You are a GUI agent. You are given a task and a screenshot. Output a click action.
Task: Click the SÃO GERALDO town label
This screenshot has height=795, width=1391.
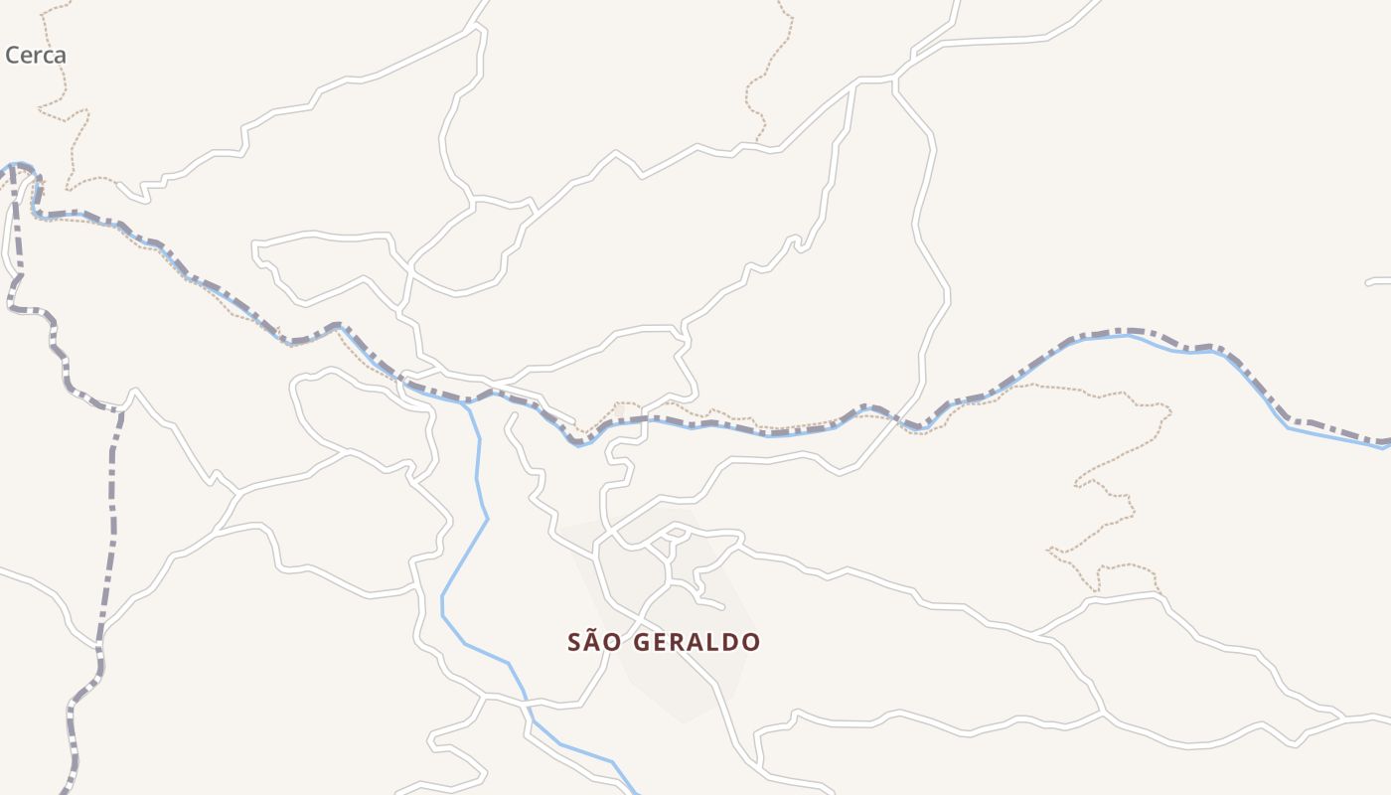click(664, 642)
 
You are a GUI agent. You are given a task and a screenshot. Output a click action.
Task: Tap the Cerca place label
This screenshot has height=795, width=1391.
click(36, 56)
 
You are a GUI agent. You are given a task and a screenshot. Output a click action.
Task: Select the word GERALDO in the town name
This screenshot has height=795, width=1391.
click(696, 642)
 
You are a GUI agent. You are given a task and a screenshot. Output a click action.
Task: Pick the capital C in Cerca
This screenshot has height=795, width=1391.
click(13, 56)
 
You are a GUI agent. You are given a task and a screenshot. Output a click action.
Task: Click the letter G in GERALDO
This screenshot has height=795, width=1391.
click(643, 642)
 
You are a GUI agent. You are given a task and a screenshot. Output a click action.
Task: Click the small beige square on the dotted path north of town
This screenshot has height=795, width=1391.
click(620, 409)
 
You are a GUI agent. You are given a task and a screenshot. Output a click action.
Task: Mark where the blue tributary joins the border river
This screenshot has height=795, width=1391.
click(465, 402)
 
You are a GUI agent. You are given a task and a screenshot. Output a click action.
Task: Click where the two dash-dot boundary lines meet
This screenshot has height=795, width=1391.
click(13, 171)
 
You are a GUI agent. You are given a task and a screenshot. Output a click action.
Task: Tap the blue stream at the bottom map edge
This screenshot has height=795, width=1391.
click(634, 791)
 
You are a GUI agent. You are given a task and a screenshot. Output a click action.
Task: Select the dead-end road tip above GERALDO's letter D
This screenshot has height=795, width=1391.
click(722, 605)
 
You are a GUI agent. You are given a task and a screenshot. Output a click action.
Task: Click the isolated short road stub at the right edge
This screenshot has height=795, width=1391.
click(1379, 282)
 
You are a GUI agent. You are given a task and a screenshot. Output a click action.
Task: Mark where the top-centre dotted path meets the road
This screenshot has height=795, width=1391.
click(760, 142)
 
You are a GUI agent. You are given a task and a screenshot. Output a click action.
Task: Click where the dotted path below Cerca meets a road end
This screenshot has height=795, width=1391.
click(117, 183)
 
